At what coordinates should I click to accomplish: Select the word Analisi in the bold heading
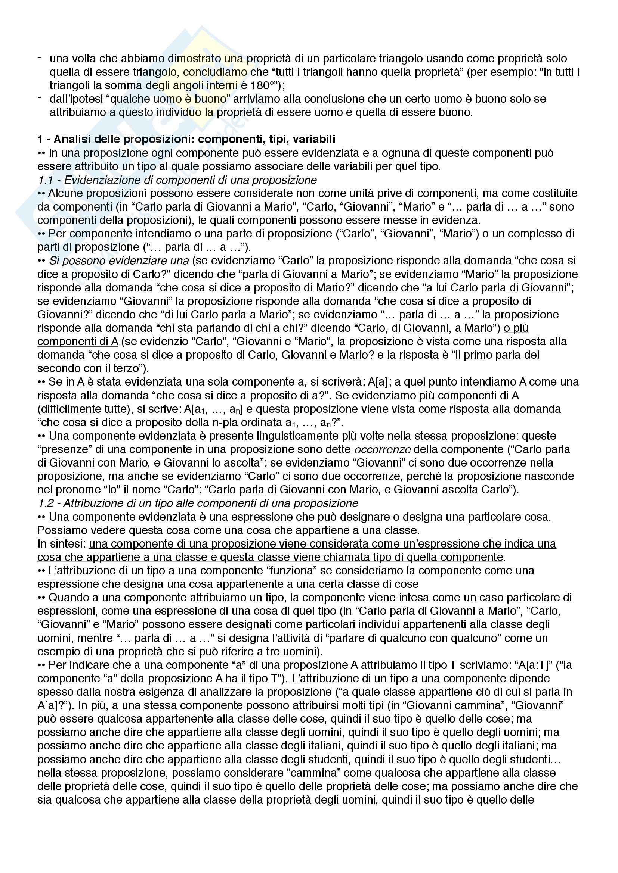click(72, 139)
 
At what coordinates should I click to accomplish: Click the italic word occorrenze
click(383, 449)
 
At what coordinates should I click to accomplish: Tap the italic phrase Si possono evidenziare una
click(119, 261)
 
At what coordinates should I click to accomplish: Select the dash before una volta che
click(40, 57)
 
